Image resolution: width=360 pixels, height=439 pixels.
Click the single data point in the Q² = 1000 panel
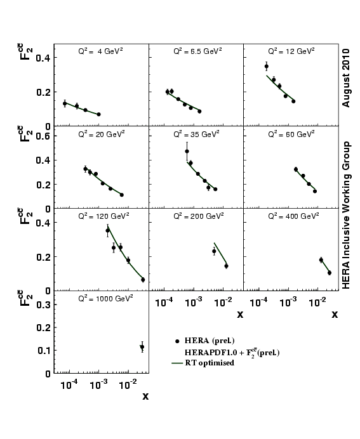(142, 347)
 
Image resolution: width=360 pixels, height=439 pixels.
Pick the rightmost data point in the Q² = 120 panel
(143, 280)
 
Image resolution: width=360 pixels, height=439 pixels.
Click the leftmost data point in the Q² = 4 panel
(65, 103)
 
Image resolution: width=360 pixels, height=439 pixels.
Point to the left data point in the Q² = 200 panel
(214, 251)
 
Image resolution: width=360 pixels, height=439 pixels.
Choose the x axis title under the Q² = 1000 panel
(145, 396)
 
